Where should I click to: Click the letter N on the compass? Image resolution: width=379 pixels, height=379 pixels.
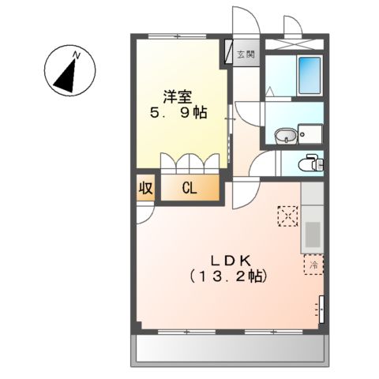click(x=77, y=54)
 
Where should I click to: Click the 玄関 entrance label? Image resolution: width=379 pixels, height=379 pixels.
click(x=246, y=54)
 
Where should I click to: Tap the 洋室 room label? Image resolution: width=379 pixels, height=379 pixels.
click(x=176, y=96)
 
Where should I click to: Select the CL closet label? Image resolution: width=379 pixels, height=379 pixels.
click(x=189, y=188)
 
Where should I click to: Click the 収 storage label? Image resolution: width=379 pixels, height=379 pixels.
click(x=146, y=188)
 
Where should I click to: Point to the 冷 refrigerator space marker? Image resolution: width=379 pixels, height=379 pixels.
click(x=312, y=265)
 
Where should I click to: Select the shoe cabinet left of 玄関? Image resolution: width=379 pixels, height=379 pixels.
click(x=230, y=54)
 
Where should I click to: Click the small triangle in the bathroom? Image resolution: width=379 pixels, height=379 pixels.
click(x=271, y=91)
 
